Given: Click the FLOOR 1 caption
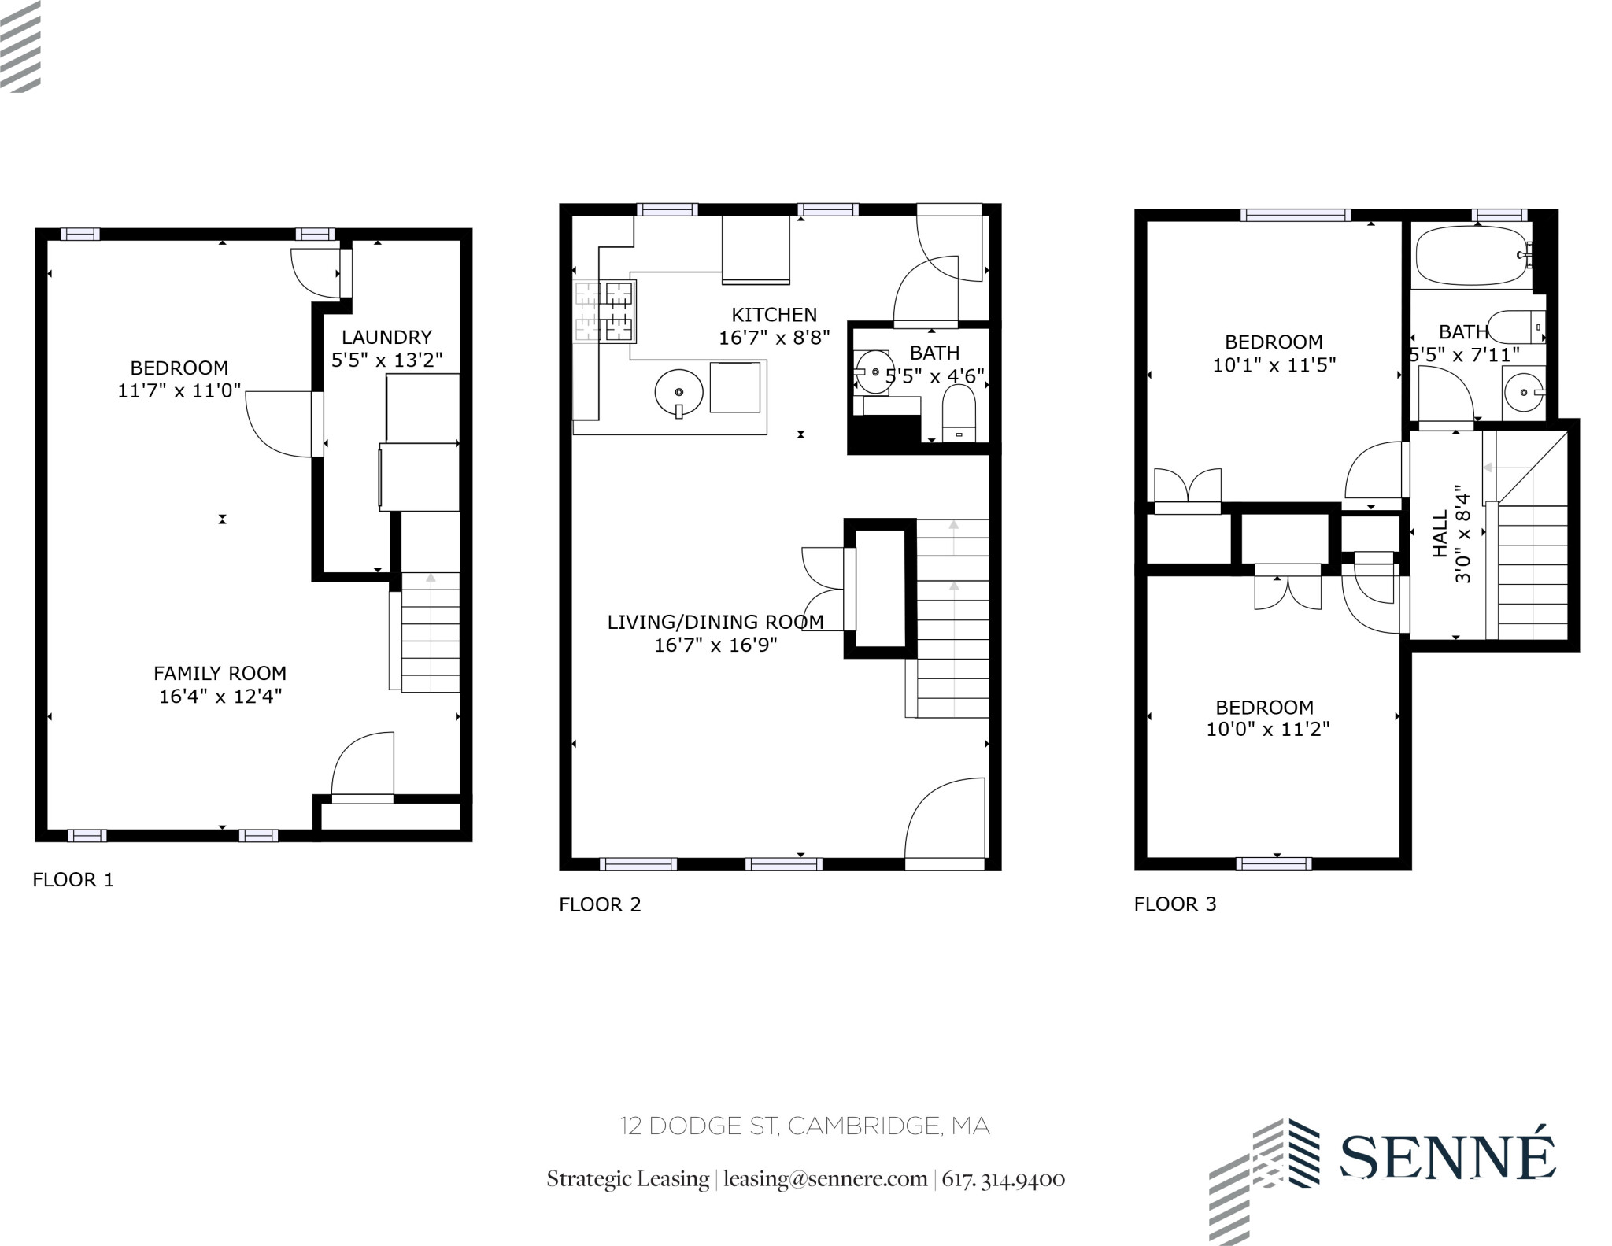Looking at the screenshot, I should (x=73, y=879).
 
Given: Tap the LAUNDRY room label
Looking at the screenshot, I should (x=386, y=337).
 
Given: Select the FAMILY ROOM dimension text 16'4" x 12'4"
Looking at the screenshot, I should (x=220, y=696).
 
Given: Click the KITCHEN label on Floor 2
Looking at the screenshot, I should (x=774, y=315).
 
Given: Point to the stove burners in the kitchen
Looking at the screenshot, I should (x=604, y=312).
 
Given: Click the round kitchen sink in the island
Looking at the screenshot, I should (x=678, y=392).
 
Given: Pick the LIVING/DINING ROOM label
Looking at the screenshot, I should (x=715, y=622).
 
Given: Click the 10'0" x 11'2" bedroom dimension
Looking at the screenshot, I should (x=1267, y=729).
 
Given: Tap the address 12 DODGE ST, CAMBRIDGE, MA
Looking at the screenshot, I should (x=804, y=1126).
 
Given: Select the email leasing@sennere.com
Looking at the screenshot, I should (x=825, y=1178).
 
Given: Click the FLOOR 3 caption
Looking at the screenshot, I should (x=1174, y=904).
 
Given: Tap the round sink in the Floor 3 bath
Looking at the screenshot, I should (x=1524, y=392).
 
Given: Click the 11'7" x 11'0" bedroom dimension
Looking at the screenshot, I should (x=179, y=390).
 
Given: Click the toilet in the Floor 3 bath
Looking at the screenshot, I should (x=1517, y=326).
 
